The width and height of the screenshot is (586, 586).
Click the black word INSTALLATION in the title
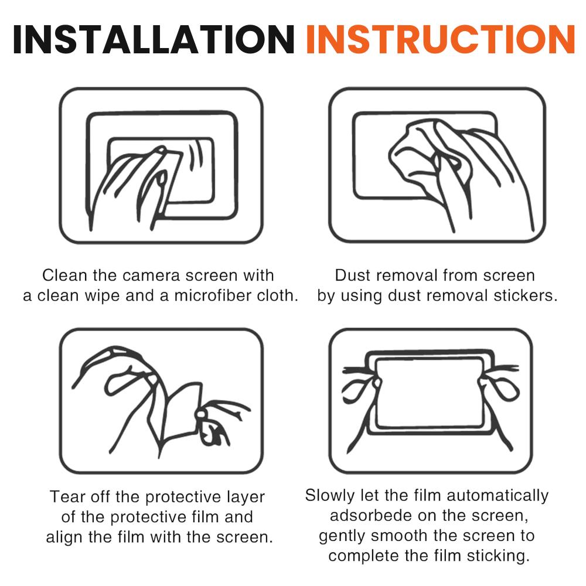[154, 40]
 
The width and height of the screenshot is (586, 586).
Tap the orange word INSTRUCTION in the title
[440, 40]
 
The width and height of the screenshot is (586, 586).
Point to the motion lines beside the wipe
[196, 156]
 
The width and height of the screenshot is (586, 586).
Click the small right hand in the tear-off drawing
[219, 423]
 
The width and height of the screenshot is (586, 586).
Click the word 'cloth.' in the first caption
[278, 295]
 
